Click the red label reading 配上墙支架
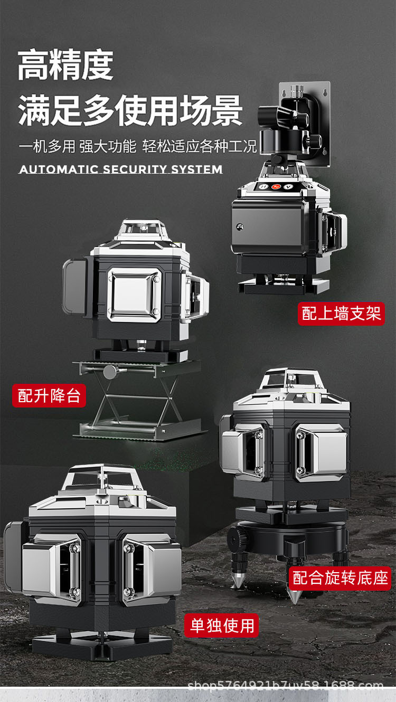pyautogui.click(x=341, y=314)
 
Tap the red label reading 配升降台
pyautogui.click(x=49, y=396)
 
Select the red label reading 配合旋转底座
pyautogui.click(x=341, y=577)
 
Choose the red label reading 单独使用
pyautogui.click(x=222, y=625)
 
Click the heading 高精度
pyautogui.click(x=65, y=65)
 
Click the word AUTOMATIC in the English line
pyautogui.click(x=59, y=169)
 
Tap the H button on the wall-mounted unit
pyautogui.click(x=262, y=187)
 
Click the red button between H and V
pyautogui.click(x=275, y=187)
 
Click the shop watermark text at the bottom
pyautogui.click(x=285, y=687)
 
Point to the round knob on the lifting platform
pyautogui.click(x=110, y=372)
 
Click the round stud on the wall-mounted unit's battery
pyautogui.click(x=239, y=226)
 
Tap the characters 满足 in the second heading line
pyautogui.click(x=50, y=111)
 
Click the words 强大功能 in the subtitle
pyautogui.click(x=108, y=146)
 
